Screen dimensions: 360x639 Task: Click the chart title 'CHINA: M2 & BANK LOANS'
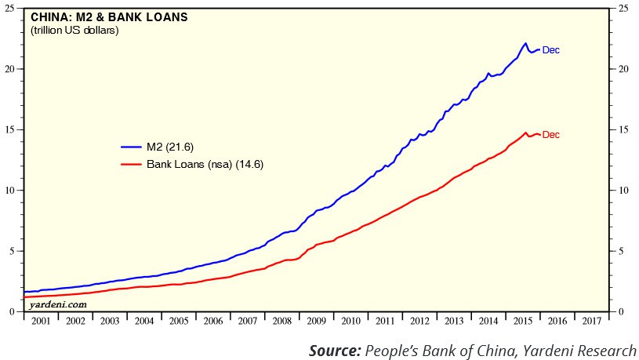point(109,17)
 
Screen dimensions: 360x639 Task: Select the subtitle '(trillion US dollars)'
point(74,31)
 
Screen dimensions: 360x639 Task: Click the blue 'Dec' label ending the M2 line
point(551,50)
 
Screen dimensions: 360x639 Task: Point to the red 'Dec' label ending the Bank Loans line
point(551,135)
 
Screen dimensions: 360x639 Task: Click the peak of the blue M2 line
point(525,43)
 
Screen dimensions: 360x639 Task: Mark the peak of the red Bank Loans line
point(525,133)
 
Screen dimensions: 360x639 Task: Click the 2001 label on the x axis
point(41,321)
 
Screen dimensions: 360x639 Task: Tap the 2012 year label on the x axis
point(419,321)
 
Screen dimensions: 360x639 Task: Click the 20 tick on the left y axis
point(13,69)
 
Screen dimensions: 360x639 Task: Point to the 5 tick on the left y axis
point(16,251)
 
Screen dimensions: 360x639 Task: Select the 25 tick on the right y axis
point(623,8)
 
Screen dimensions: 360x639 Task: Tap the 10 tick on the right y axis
point(623,191)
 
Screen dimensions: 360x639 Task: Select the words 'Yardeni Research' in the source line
point(580,350)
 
